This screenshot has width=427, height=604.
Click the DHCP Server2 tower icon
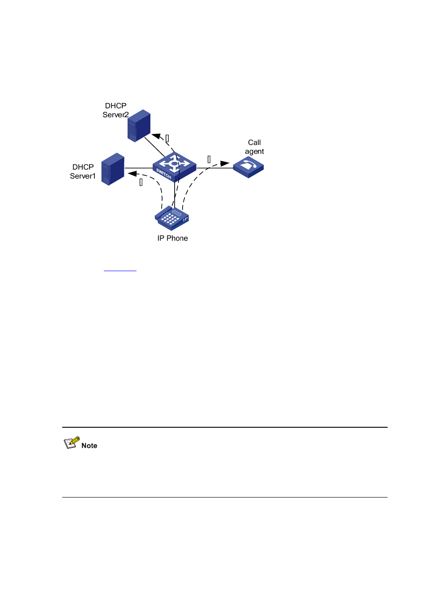139,126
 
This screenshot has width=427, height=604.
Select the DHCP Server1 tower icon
113,169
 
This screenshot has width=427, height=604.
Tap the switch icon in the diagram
174,166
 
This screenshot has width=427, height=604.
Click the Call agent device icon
248,167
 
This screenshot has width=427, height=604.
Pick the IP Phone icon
172,218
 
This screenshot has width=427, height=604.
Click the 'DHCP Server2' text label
115,110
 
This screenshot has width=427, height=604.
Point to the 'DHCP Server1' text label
83,171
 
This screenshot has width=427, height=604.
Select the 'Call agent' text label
254,147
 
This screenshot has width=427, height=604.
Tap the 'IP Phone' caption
172,238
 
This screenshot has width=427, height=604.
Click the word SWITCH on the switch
164,174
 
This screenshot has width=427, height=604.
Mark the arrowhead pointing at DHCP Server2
156,136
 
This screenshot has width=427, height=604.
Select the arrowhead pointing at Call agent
225,163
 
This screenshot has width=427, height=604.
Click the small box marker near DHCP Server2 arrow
167,138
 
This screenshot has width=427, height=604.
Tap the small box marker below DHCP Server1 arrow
141,182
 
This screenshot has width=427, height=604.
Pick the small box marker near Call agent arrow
209,159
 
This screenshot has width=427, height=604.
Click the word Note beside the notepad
89,446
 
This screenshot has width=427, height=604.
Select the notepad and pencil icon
71,442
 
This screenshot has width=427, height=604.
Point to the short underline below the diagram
120,271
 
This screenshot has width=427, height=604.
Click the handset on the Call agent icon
250,165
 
